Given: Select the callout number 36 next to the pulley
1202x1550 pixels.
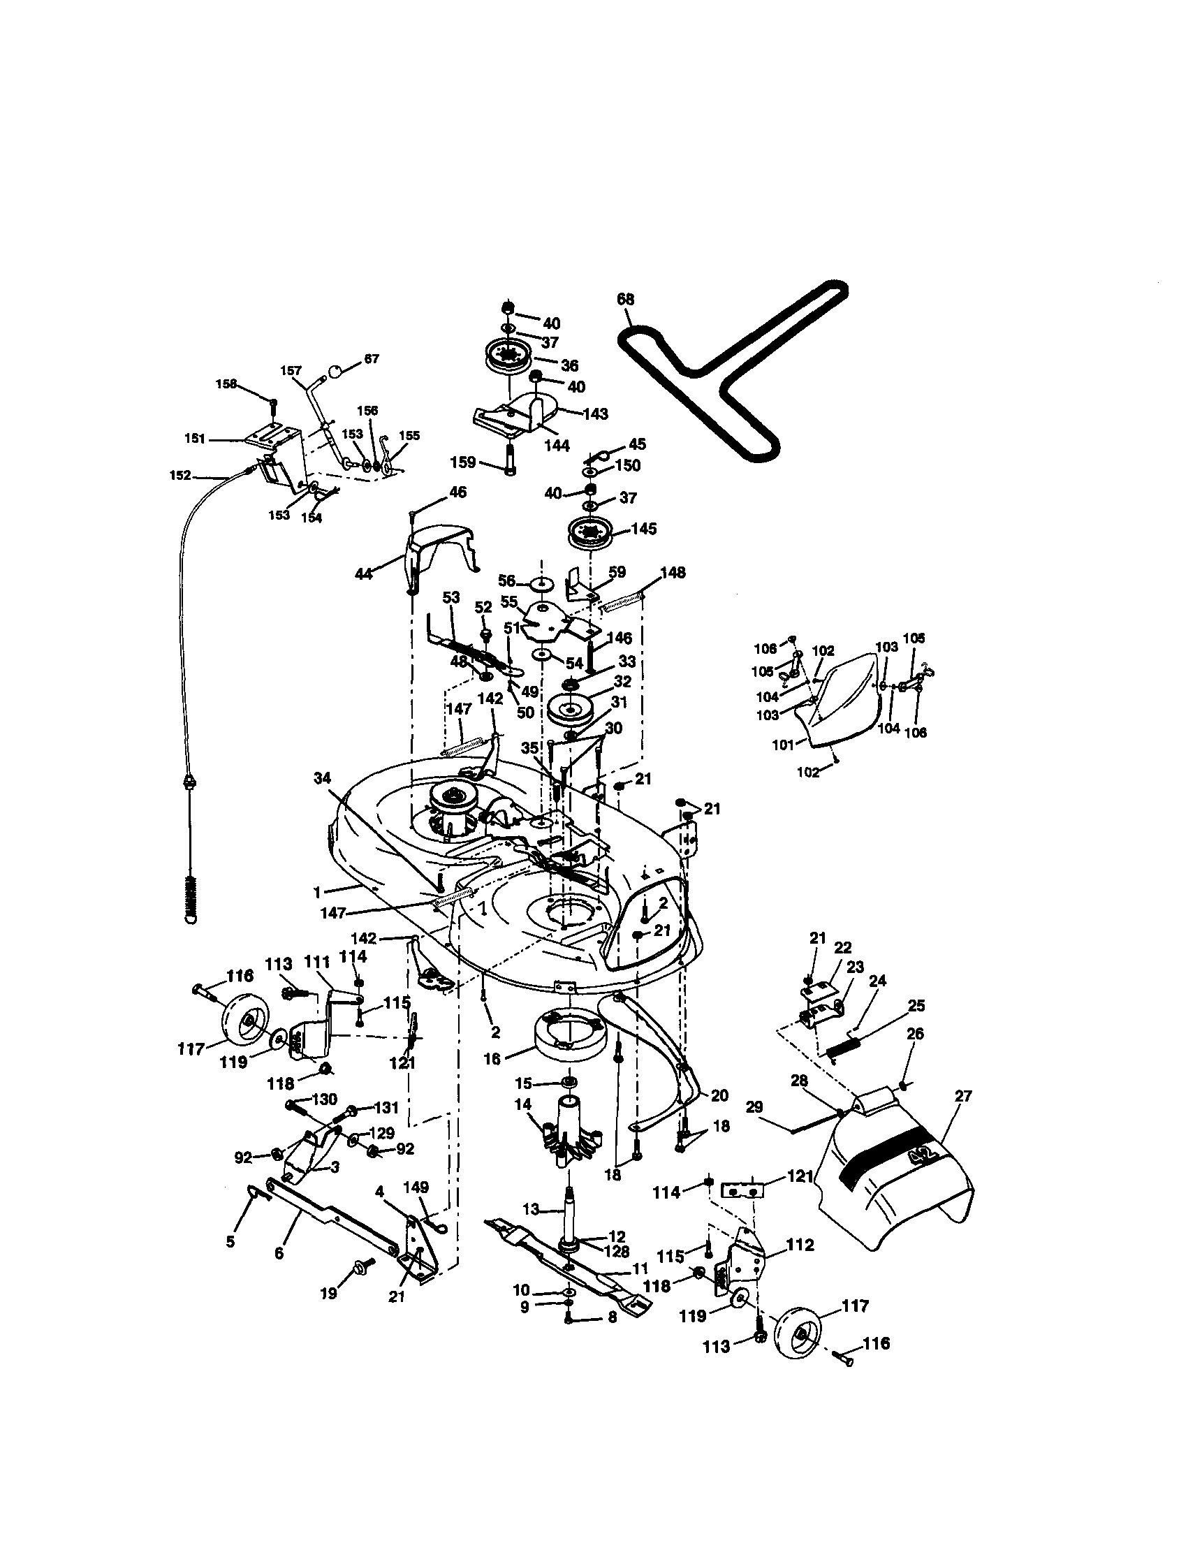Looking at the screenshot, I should tap(570, 365).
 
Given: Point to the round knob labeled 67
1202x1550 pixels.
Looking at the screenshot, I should tap(335, 372).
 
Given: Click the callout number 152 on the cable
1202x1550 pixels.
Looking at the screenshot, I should tap(180, 476).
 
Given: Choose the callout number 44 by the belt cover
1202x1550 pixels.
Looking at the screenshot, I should tap(364, 573).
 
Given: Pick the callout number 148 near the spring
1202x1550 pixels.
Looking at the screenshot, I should tap(673, 572).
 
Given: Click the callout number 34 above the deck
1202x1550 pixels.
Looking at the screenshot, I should tap(322, 779).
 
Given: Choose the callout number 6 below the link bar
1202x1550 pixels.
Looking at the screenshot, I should tap(279, 1254).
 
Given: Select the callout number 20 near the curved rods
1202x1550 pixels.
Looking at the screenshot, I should tap(719, 1096).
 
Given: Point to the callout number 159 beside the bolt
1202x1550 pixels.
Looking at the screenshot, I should tap(463, 462).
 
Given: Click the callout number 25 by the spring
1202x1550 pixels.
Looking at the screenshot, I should tap(916, 1006).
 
